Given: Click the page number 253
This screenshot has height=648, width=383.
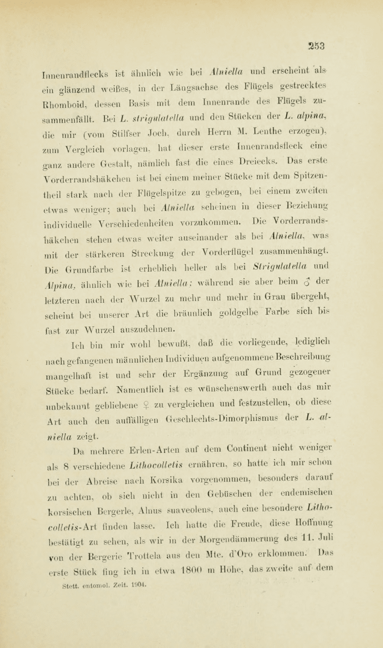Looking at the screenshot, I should click(x=317, y=46).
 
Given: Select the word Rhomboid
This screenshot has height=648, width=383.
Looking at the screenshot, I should click(x=63, y=114).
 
